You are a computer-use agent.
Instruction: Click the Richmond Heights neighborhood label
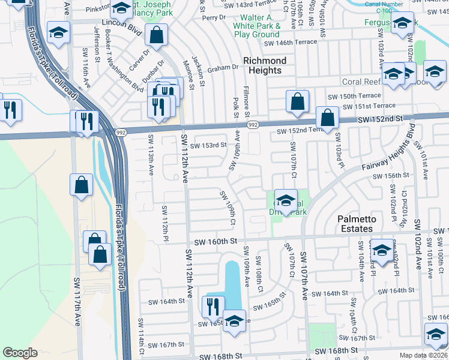click(x=265, y=65)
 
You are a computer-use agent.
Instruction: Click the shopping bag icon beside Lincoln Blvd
click(x=156, y=35)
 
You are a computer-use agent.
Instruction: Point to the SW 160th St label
click(x=208, y=241)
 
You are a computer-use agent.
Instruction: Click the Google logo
click(x=20, y=353)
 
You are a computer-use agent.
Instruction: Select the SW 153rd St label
click(x=208, y=145)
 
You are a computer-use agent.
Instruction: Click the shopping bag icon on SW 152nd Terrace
click(x=327, y=118)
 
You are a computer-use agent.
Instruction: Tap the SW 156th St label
click(x=391, y=176)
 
